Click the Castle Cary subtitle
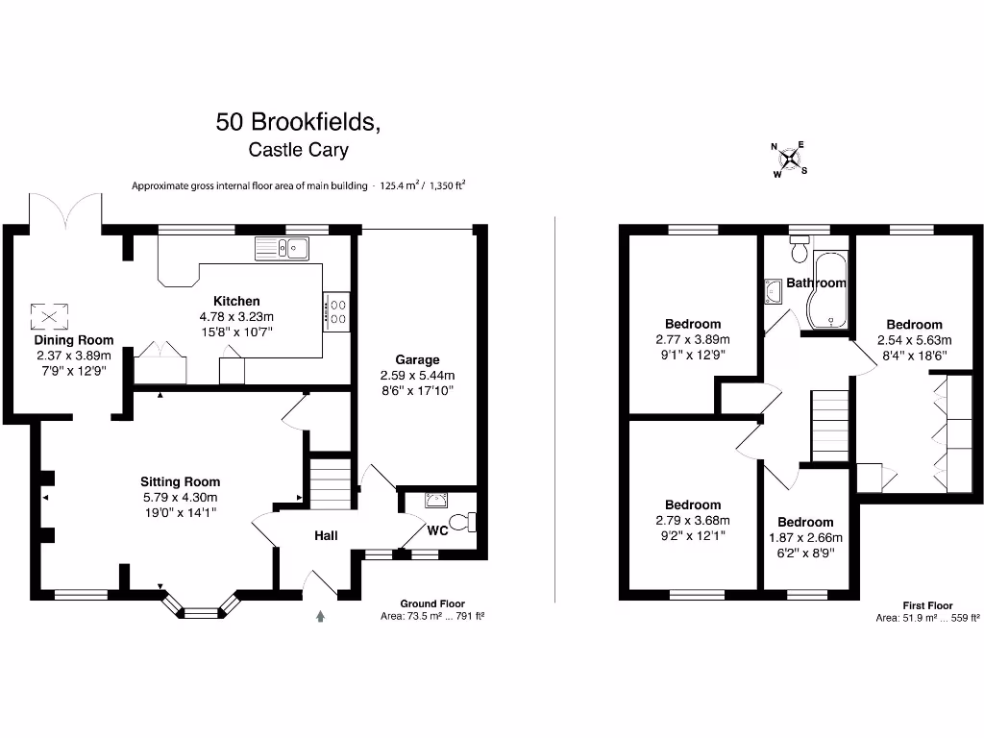(298, 150)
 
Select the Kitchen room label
(236, 301)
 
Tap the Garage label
(417, 359)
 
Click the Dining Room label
(74, 340)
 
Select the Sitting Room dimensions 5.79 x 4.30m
(180, 498)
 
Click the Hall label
(326, 535)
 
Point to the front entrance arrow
(320, 616)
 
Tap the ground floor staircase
(330, 484)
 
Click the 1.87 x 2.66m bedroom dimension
(805, 537)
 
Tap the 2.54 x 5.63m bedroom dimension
(914, 340)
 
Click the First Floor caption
(927, 605)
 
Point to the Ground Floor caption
(432, 603)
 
